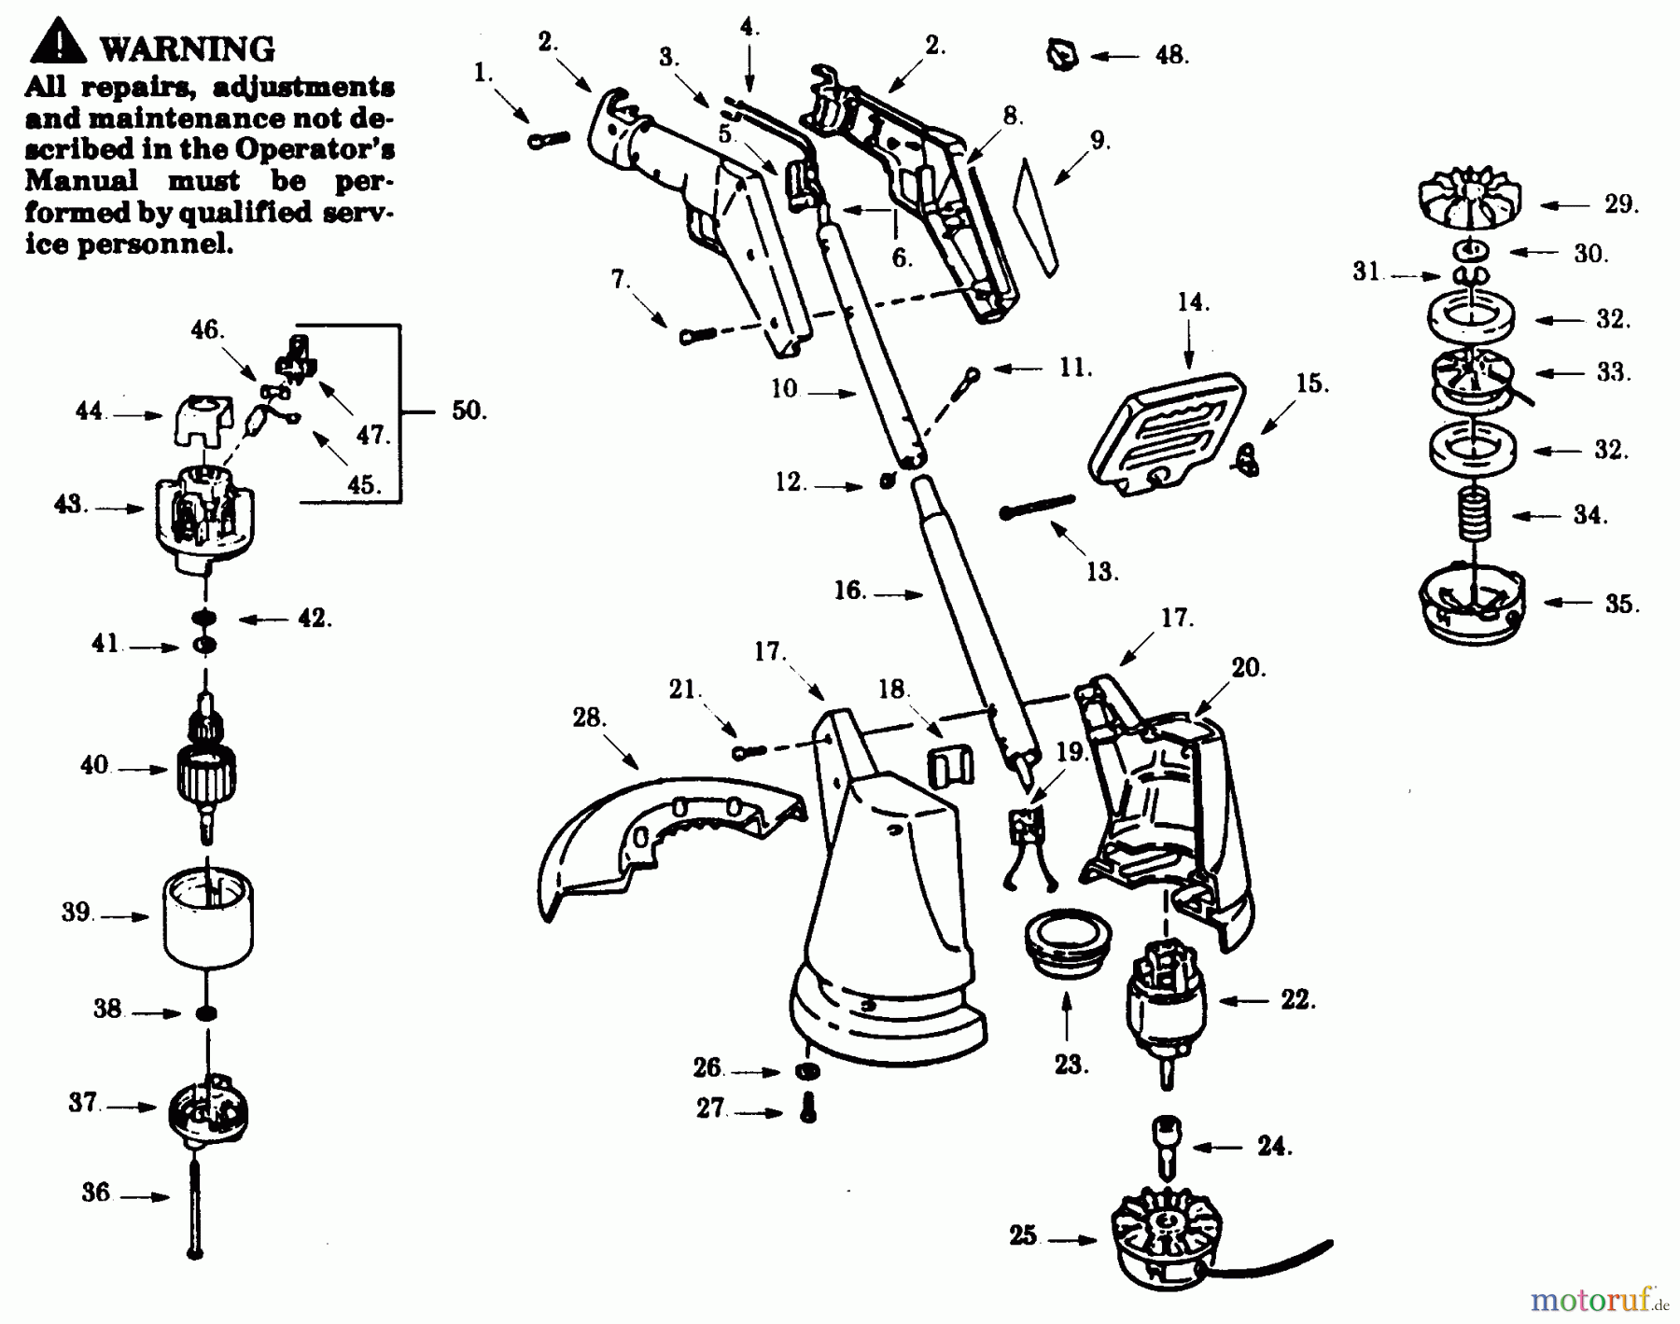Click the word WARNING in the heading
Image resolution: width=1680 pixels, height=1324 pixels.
point(187,49)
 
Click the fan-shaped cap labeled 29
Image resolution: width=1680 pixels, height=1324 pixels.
point(1470,202)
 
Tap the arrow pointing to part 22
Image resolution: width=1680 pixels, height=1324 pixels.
point(1244,1001)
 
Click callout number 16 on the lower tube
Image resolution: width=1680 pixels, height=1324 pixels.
point(849,591)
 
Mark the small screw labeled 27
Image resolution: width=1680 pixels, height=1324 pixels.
point(808,1108)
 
